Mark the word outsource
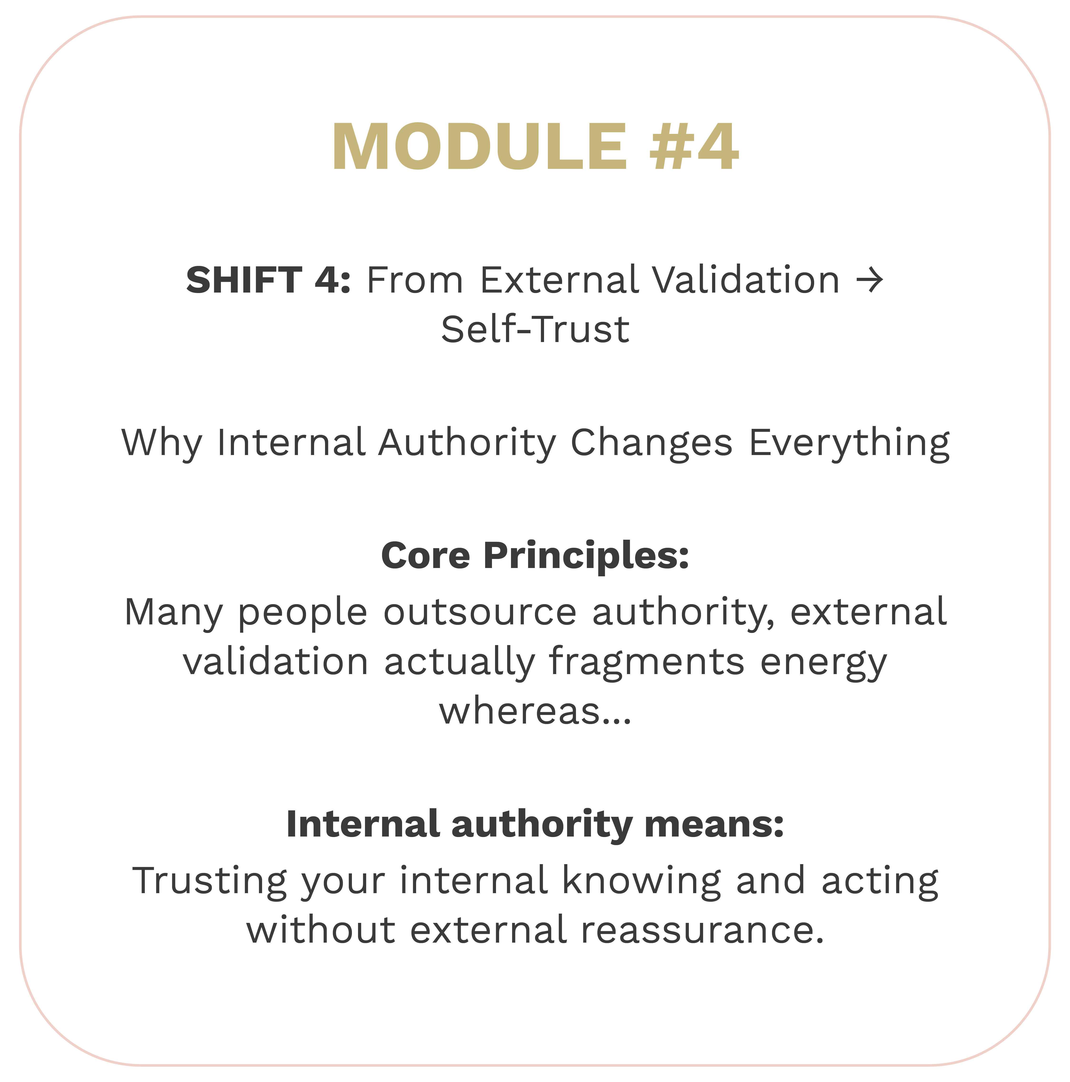pyautogui.click(x=480, y=612)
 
